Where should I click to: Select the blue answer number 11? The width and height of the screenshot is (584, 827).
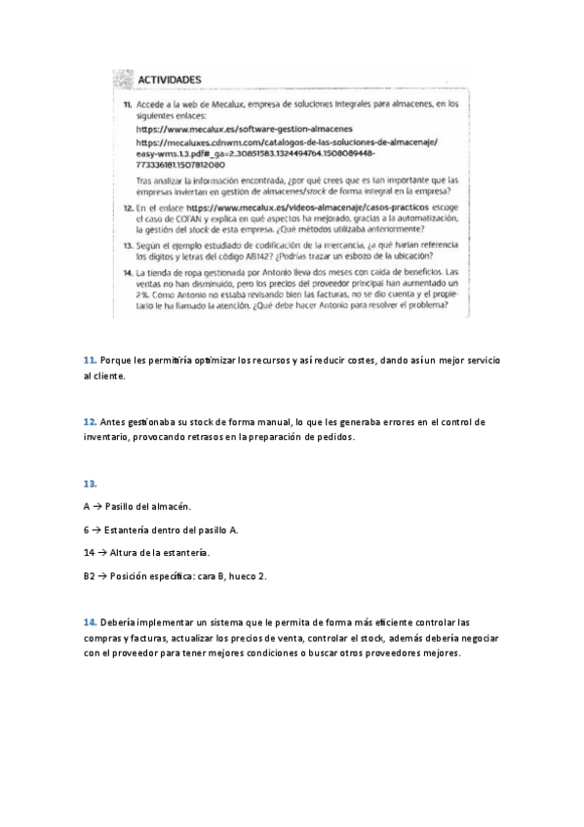click(90, 362)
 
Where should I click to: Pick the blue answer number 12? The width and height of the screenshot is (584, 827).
click(90, 422)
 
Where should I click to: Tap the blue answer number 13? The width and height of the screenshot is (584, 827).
click(91, 484)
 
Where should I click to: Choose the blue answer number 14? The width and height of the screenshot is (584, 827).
click(91, 621)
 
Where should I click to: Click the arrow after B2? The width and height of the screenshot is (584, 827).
click(102, 575)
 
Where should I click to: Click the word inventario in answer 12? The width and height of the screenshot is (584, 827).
click(110, 438)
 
